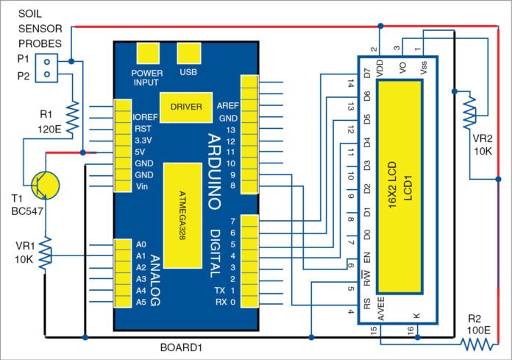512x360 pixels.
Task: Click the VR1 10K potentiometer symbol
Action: (x=46, y=255)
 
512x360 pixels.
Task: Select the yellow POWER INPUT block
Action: (x=146, y=54)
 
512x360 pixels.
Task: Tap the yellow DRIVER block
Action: (x=185, y=107)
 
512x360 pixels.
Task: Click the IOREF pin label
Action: (x=145, y=116)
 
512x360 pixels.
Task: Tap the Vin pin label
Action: (x=141, y=187)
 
